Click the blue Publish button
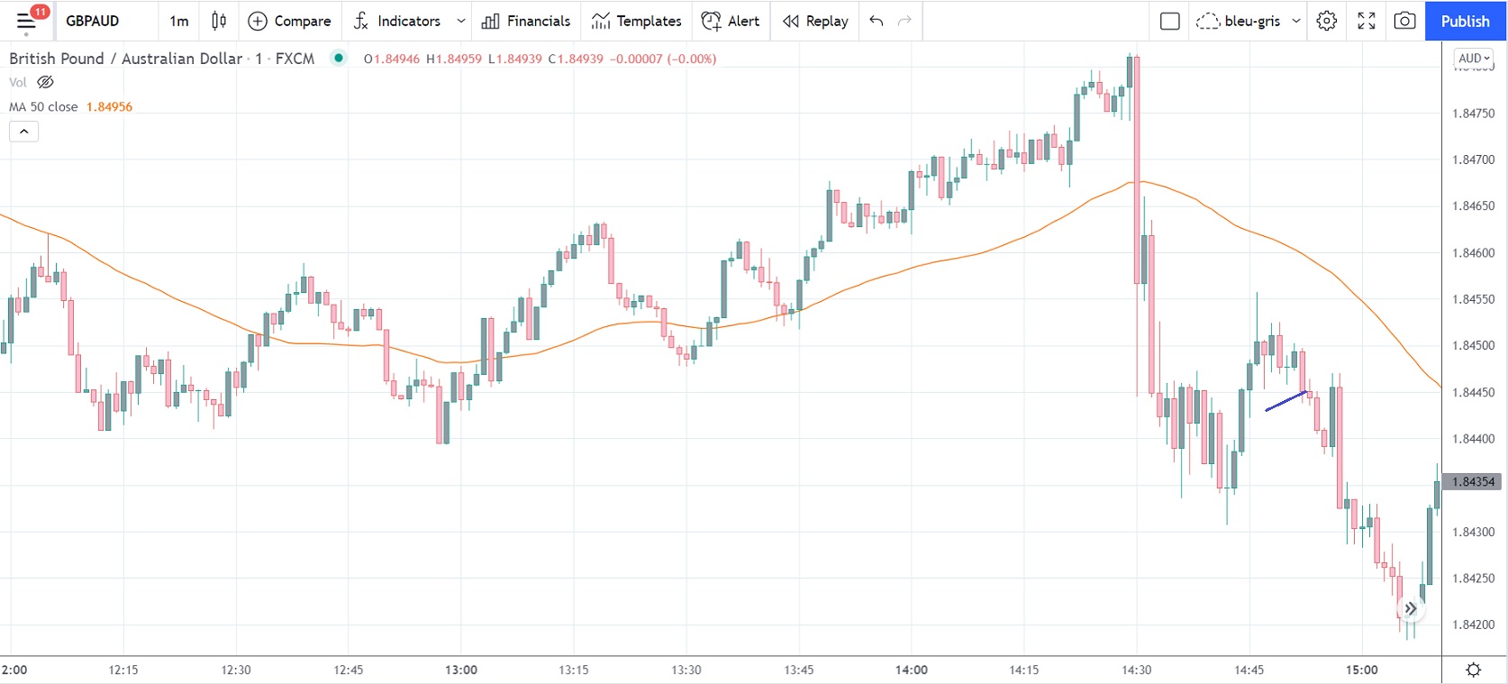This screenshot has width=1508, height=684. point(1465,21)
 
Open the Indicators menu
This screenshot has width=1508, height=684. point(398,21)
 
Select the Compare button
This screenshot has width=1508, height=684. point(289,21)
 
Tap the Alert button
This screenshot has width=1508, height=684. point(731,21)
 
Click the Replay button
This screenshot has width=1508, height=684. point(815,21)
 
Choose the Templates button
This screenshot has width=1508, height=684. point(637,21)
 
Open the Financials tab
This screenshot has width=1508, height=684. point(526,21)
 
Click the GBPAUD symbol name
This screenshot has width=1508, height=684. point(92,21)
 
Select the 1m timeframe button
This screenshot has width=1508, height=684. point(179,21)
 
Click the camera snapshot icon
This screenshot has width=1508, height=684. point(1404,21)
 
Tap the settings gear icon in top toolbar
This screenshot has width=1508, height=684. point(1327,21)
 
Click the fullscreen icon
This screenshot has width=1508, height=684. point(1366,21)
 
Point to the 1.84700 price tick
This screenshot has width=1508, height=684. point(1473,160)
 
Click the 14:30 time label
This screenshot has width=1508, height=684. point(1137,670)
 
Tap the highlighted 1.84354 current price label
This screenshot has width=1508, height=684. point(1473,482)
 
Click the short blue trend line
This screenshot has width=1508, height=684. point(1285,401)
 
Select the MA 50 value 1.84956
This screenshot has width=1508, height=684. point(109,106)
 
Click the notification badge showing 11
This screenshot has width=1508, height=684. point(40,12)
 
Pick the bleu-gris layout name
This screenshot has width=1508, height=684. point(1252,21)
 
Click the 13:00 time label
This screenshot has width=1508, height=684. point(461,670)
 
